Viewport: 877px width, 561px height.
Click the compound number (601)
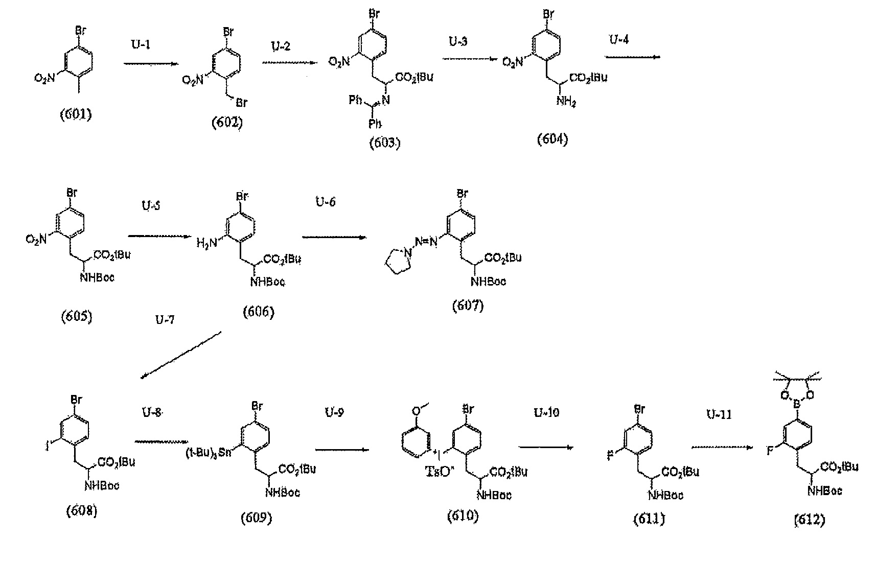tap(76, 113)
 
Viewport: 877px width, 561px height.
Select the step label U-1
tap(141, 45)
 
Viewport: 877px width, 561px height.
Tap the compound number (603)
tap(385, 143)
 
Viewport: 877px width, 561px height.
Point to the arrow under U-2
tap(289, 63)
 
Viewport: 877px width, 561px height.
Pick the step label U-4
tap(619, 39)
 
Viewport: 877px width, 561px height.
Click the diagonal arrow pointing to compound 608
tap(181, 355)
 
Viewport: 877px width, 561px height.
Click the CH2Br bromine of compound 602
tap(241, 104)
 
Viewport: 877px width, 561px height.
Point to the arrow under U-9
tap(342, 450)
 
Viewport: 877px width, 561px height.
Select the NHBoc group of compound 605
tap(97, 278)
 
